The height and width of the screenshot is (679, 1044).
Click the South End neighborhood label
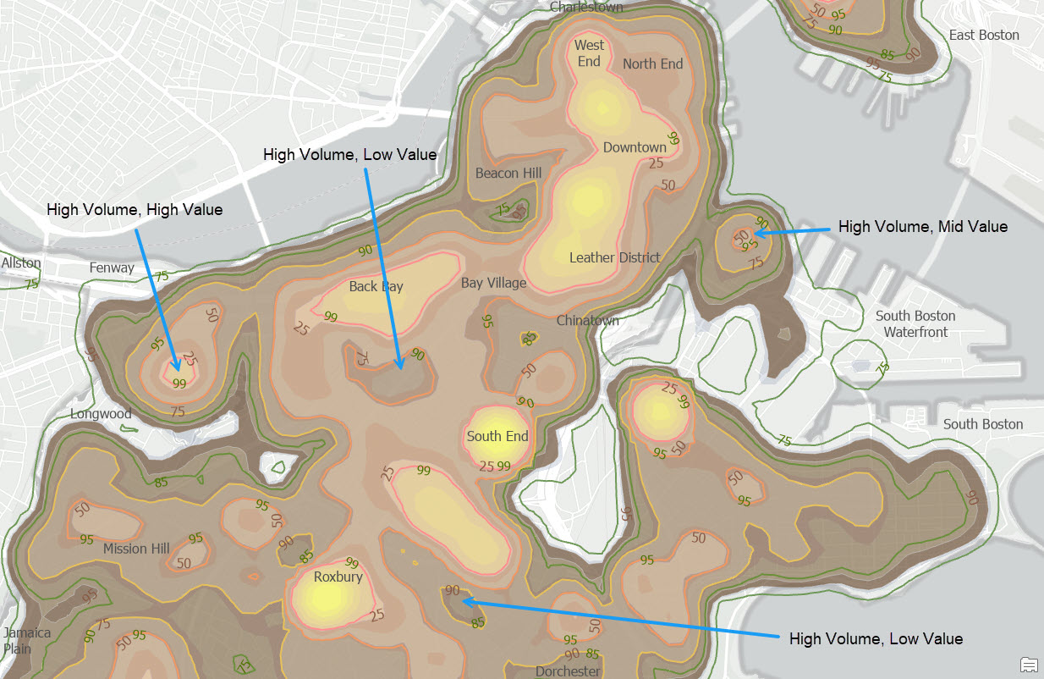pyautogui.click(x=497, y=437)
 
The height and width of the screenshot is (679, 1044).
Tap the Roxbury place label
pyautogui.click(x=338, y=577)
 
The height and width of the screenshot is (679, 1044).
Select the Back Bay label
pyautogui.click(x=376, y=286)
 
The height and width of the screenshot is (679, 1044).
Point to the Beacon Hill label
pyautogui.click(x=508, y=174)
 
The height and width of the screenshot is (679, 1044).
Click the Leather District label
pyautogui.click(x=614, y=257)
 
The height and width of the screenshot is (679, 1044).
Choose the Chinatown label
pyautogui.click(x=587, y=321)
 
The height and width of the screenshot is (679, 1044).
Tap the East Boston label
pyautogui.click(x=984, y=36)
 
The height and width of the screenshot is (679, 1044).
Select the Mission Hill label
pyautogui.click(x=136, y=549)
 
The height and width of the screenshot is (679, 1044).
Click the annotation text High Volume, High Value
pyautogui.click(x=135, y=209)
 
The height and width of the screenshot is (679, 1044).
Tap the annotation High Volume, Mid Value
pyautogui.click(x=922, y=227)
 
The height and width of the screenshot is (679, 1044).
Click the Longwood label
pyautogui.click(x=101, y=414)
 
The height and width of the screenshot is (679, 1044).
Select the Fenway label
pyautogui.click(x=112, y=268)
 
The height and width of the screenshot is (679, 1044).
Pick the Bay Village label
pyautogui.click(x=493, y=283)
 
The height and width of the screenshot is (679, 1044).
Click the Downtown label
pyautogui.click(x=635, y=147)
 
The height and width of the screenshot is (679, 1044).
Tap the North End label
pyautogui.click(x=652, y=63)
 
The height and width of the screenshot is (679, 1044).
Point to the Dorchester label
pyautogui.click(x=567, y=671)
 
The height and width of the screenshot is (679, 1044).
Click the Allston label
pyautogui.click(x=21, y=263)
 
